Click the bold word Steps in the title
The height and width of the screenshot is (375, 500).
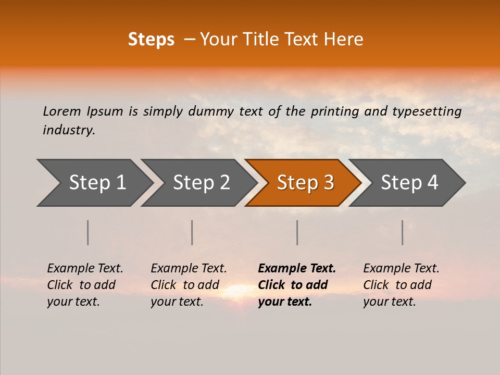(x=151, y=40)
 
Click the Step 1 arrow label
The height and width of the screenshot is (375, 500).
(x=97, y=183)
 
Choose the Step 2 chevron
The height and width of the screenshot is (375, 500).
(x=201, y=183)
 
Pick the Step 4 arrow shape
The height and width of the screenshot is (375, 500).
(x=409, y=183)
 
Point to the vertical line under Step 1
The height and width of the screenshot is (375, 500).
(x=88, y=232)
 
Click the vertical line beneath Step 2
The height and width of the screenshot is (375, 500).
(x=192, y=232)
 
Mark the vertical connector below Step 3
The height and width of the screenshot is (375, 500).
(x=297, y=232)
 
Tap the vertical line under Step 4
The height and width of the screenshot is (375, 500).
(x=402, y=232)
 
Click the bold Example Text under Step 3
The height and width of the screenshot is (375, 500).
(x=297, y=269)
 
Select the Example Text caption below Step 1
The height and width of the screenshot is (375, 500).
(x=85, y=269)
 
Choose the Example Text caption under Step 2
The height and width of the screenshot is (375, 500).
(x=189, y=269)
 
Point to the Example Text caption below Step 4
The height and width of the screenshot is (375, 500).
(x=401, y=269)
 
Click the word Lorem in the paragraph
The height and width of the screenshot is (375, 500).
(x=62, y=111)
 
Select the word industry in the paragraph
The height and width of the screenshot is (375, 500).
(x=68, y=130)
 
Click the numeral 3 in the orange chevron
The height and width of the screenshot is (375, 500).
(x=328, y=183)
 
